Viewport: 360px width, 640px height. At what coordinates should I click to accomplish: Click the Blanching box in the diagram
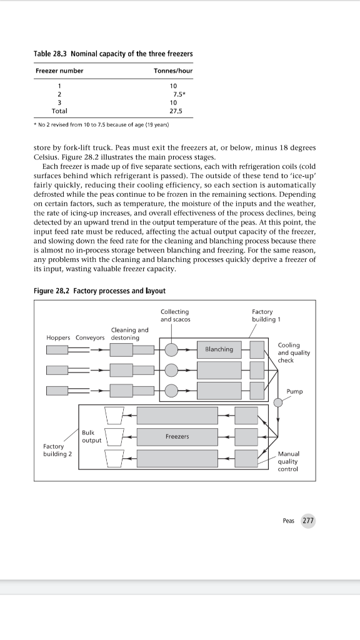219,349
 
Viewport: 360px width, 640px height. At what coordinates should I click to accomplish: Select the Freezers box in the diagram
177,436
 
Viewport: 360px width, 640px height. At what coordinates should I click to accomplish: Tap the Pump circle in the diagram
278,402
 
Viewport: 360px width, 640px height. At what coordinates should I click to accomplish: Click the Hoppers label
59,337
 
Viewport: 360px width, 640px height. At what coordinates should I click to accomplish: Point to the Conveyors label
90,337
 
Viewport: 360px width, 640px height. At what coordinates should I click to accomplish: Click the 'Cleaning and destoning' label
129,334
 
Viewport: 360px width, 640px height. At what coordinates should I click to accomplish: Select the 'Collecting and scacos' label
176,316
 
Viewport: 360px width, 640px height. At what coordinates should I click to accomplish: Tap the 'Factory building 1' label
262,316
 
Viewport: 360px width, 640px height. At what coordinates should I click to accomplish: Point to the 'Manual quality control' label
288,461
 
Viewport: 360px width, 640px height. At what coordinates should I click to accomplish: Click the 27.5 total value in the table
176,111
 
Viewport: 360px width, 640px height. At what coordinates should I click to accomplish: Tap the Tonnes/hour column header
173,71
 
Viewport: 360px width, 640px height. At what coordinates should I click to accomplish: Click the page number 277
308,521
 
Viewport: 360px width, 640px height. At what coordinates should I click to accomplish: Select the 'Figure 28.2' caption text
51,291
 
